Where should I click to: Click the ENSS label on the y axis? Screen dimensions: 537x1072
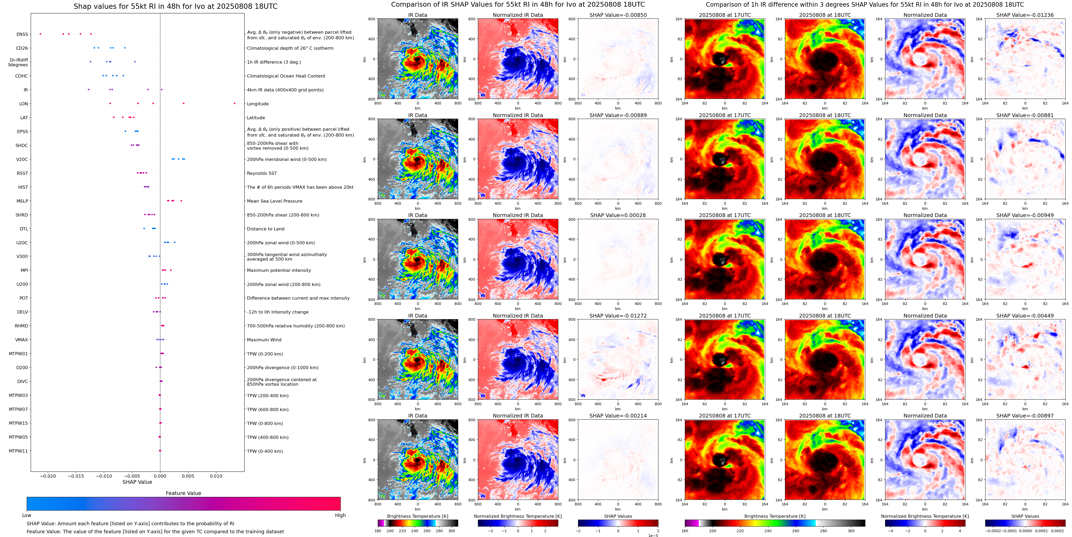[x=22, y=34]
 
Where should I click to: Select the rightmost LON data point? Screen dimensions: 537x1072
[x=234, y=103]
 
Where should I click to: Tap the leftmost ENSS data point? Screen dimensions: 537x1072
[x=40, y=34]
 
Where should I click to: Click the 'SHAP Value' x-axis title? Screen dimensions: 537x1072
[x=137, y=482]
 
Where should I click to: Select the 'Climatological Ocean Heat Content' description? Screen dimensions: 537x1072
[x=286, y=76]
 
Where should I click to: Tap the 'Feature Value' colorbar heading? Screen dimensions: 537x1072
[x=183, y=493]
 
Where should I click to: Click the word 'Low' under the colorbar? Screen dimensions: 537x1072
[x=27, y=515]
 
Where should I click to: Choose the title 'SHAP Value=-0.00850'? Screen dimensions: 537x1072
[x=618, y=15]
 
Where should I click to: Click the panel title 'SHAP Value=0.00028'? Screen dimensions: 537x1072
[x=618, y=215]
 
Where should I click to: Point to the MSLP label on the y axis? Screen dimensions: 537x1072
[x=22, y=201]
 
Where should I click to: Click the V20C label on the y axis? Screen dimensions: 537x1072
[x=22, y=159]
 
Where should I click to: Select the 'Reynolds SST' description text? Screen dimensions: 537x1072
[x=261, y=173]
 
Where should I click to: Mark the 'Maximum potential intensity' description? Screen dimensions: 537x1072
[x=279, y=271]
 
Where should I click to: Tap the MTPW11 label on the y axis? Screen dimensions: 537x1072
[x=18, y=451]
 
